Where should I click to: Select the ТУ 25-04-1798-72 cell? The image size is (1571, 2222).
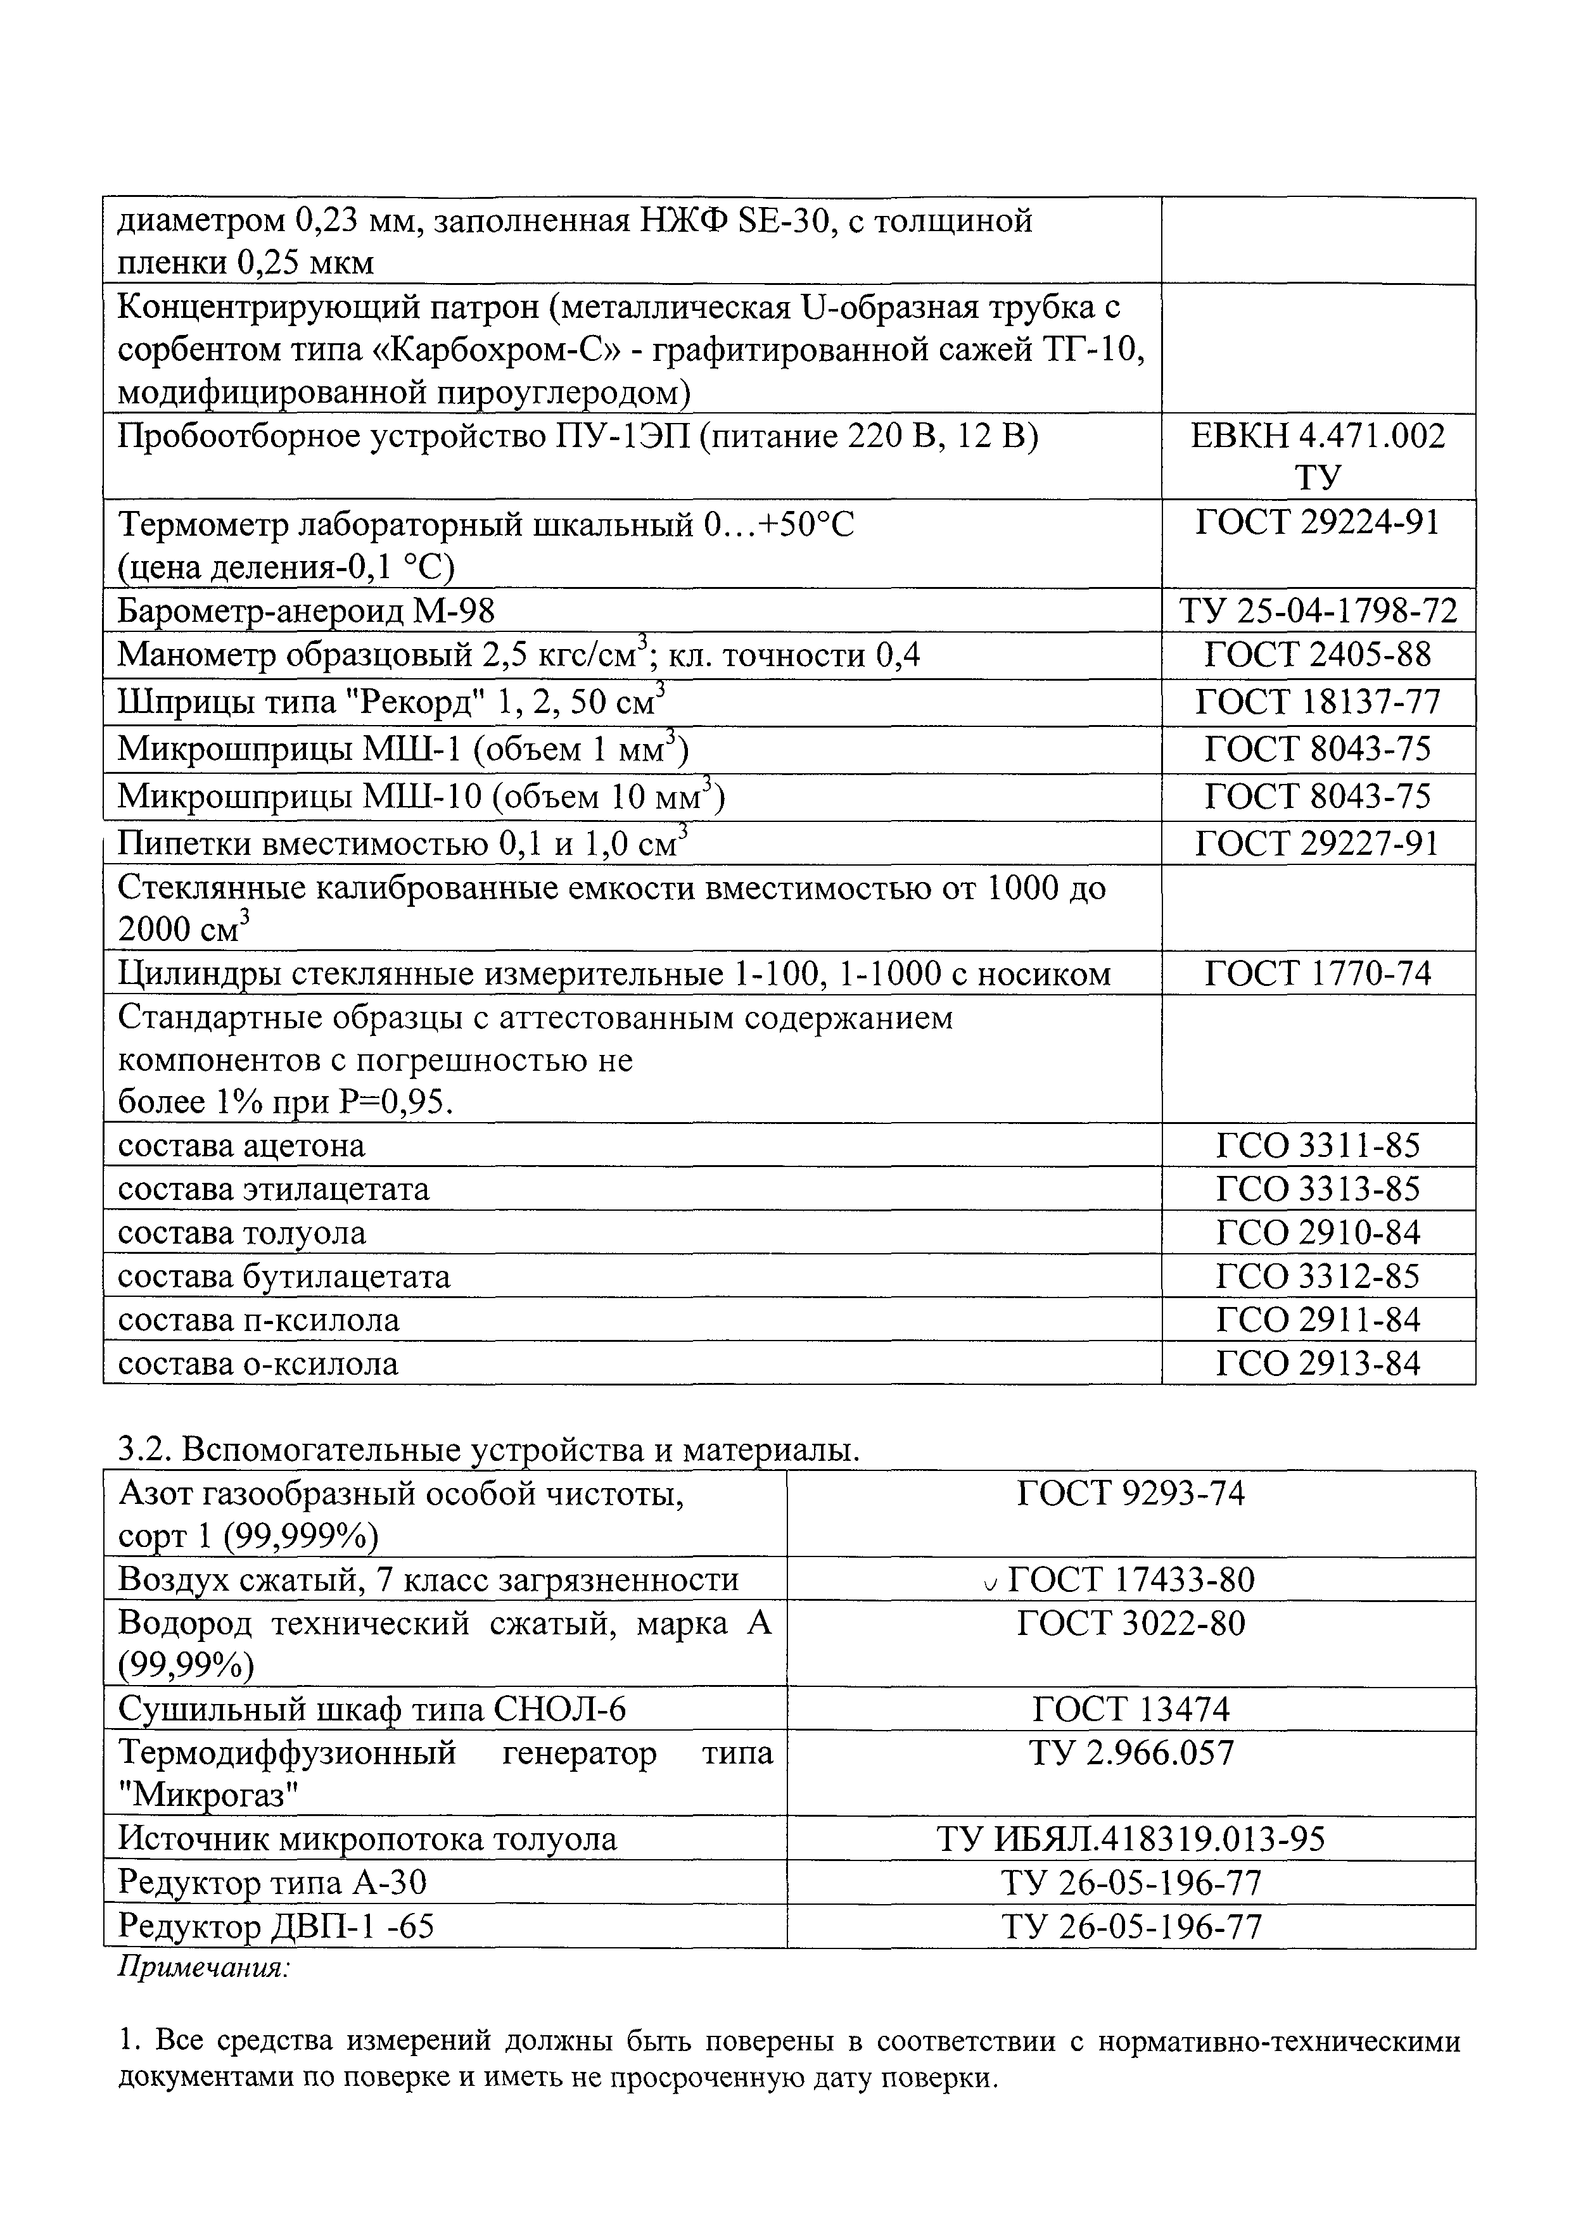[1318, 610]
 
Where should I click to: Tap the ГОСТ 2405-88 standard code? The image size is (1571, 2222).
[1318, 655]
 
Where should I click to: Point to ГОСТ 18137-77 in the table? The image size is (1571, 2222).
[1318, 702]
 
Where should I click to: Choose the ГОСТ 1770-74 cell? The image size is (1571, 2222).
[1318, 973]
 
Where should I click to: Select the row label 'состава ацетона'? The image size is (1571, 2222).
[241, 1145]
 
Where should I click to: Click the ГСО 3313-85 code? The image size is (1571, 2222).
[1318, 1189]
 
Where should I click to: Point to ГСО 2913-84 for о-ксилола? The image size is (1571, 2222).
[1318, 1363]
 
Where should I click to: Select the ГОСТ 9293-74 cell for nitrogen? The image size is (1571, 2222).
[1131, 1494]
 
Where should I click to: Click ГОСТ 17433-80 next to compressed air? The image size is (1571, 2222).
[1131, 1581]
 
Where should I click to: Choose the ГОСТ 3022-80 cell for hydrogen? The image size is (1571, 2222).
[1131, 1623]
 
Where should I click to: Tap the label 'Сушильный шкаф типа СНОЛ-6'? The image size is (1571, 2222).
[372, 1709]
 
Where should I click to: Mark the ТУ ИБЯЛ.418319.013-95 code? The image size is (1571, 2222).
[1131, 1839]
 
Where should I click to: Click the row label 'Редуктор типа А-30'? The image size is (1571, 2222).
[272, 1883]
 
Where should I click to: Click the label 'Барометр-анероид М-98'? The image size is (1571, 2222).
[306, 610]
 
